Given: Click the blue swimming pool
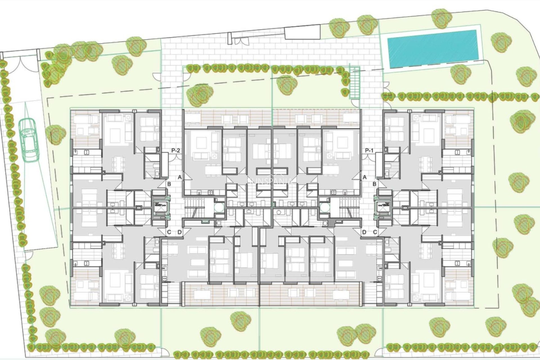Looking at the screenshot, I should click(433, 49).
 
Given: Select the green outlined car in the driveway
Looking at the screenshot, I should click(29, 140).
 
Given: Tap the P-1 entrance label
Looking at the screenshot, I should click(369, 151).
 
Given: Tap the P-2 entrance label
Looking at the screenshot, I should click(175, 151).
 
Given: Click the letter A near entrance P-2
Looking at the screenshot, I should click(180, 177).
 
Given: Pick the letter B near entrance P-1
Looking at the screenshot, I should click(374, 184).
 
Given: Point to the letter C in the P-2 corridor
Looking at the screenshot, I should click(169, 232).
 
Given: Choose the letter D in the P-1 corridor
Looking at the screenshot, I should click(364, 232).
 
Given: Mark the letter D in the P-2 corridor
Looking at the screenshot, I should click(180, 232).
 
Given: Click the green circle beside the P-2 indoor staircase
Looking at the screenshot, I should click(219, 208).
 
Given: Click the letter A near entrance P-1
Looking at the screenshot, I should click(365, 177).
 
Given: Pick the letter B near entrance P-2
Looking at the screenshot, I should click(169, 184).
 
